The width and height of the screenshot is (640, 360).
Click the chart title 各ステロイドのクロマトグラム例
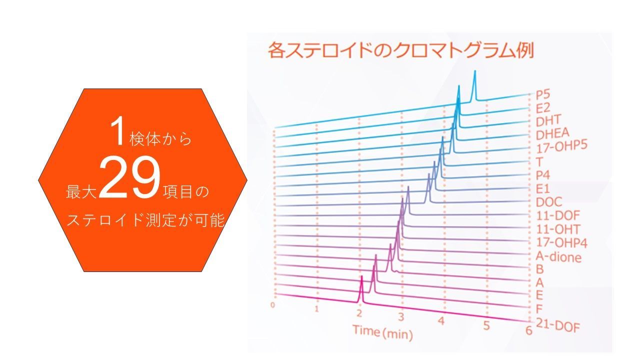click(401, 50)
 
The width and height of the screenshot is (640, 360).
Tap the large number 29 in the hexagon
click(129, 178)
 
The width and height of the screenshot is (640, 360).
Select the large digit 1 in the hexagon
click(117, 132)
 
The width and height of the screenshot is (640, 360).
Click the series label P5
click(543, 94)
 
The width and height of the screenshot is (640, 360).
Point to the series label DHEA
click(552, 134)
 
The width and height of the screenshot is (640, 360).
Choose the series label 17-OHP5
click(561, 147)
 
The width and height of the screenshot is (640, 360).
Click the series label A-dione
click(558, 257)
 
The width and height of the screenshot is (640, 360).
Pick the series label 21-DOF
click(557, 325)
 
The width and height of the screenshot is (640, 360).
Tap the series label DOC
click(549, 202)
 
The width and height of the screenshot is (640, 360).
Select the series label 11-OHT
click(558, 229)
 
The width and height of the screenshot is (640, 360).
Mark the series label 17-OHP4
click(561, 242)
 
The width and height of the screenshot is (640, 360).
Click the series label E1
click(543, 189)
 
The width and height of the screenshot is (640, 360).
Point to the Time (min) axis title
click(383, 332)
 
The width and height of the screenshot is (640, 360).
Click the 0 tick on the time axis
click(273, 305)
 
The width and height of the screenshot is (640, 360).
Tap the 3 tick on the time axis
click(401, 317)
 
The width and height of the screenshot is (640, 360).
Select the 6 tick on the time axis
click(528, 330)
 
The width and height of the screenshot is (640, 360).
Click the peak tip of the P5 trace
click(475, 70)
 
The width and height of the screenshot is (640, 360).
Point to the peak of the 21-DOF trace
click(361, 276)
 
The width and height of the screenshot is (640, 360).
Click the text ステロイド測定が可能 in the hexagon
click(145, 220)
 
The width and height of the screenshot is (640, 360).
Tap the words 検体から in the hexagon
click(160, 139)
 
